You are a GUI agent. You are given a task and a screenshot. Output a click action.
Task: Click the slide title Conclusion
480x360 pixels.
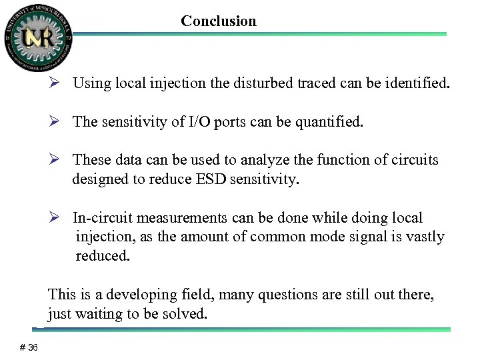point(218,21)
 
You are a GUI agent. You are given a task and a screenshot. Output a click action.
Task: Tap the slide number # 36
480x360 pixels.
point(29,347)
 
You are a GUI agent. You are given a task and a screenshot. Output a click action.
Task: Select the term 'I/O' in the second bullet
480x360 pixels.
point(198,123)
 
